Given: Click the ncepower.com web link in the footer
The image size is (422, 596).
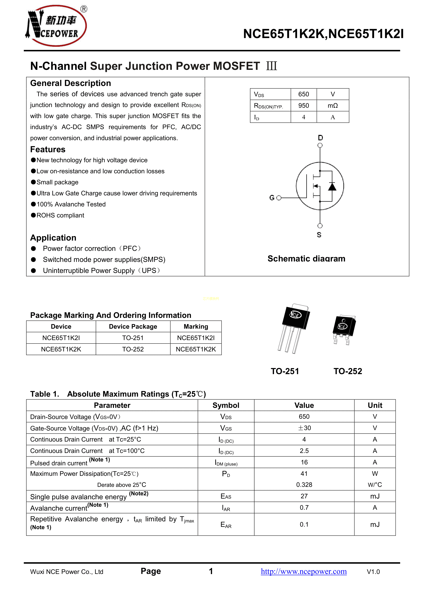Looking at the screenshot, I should pos(303,571).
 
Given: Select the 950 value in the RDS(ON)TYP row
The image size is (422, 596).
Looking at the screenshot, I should pos(303,106).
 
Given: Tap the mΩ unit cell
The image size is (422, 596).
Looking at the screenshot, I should pos(333,106).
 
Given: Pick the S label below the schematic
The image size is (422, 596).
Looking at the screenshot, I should pos(319,235).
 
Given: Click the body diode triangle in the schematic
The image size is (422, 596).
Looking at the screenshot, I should pos(332,186).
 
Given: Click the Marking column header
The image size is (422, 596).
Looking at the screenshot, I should pos(196,327).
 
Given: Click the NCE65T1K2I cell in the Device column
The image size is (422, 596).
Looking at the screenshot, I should pos(61,338).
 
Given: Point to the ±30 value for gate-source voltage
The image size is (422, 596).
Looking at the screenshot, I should pos(304,428).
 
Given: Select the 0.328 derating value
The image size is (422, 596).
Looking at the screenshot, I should pos(304,485).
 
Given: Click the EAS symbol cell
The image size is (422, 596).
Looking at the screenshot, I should pos(226,496).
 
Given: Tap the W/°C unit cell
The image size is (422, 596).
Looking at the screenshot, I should pos(375,485).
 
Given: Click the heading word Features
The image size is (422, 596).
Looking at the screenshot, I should pos(48,150).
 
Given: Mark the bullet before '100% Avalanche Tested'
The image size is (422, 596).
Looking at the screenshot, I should pos(33,204).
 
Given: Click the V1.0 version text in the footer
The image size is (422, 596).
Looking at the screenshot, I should pos(373,572).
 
